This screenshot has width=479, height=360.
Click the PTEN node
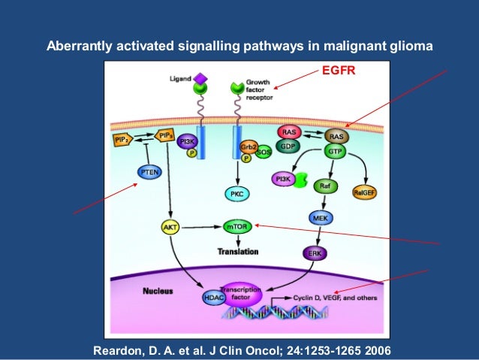click(x=147, y=172)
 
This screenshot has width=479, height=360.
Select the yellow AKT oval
click(x=170, y=225)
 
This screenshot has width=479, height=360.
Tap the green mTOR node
click(x=239, y=224)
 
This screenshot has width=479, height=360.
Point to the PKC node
click(x=237, y=194)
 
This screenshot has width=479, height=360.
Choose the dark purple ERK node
click(x=315, y=254)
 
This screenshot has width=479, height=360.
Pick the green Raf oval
click(x=324, y=185)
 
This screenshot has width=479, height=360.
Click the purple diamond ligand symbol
click(x=200, y=77)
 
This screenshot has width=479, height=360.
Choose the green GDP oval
click(x=288, y=147)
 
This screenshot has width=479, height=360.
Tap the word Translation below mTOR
click(x=238, y=251)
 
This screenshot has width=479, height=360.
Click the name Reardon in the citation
click(x=117, y=350)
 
